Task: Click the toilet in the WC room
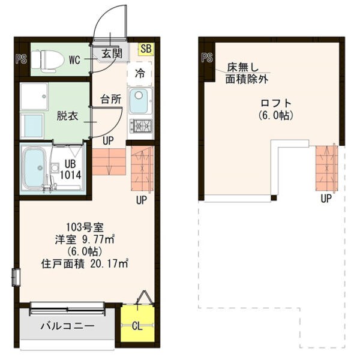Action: tap(47, 59)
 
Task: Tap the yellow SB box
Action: tap(146, 49)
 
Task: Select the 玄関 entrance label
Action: tap(112, 54)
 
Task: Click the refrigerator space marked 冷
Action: tap(140, 73)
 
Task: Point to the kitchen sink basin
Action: tap(139, 101)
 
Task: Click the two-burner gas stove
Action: tap(140, 126)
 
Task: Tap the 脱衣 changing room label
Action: tap(67, 116)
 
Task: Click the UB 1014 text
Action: tap(70, 169)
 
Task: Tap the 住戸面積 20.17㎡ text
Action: tap(85, 264)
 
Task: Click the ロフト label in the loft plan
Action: tap(276, 103)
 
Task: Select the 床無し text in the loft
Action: tap(243, 67)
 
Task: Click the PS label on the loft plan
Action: tap(207, 58)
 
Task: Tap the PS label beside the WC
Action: tap(21, 59)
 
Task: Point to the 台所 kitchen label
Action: tap(110, 99)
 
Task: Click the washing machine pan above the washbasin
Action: tap(34, 97)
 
